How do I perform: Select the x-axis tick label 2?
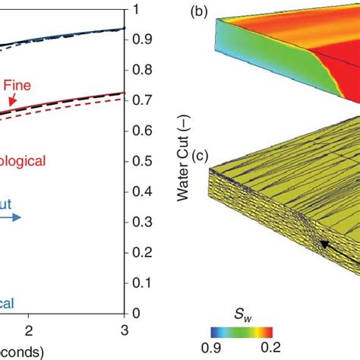click(29, 331)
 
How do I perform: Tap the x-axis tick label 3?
click(123, 331)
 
